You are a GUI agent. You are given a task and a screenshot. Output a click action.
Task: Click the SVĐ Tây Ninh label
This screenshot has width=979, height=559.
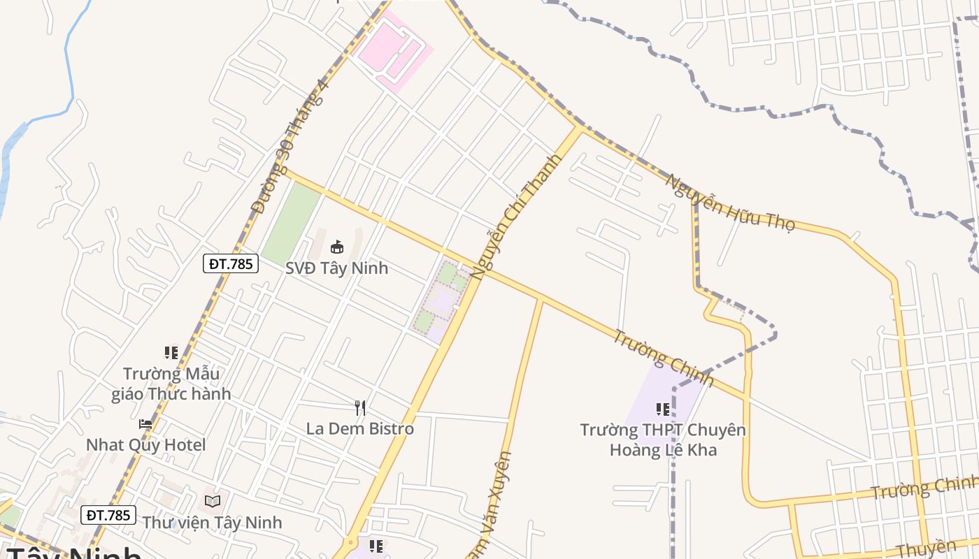point(336,268)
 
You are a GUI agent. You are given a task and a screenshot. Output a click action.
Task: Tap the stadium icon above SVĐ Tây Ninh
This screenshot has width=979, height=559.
point(337,247)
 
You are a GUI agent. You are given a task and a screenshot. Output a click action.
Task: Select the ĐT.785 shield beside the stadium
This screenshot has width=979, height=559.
point(231,263)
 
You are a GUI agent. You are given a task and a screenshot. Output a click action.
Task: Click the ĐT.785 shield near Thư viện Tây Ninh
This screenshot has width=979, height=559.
point(108,515)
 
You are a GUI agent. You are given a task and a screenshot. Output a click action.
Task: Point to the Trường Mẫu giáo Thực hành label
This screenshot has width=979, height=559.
point(171,384)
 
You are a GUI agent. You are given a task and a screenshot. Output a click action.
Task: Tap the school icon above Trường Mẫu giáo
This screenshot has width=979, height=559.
point(171,353)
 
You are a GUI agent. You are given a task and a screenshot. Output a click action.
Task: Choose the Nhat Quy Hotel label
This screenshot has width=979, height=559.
point(145,444)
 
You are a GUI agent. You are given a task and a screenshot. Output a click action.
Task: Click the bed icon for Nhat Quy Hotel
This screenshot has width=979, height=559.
point(145,423)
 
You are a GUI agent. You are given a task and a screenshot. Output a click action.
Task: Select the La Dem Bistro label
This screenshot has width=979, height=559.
point(360,428)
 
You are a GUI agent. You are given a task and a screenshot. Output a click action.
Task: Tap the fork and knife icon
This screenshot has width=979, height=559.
point(360,407)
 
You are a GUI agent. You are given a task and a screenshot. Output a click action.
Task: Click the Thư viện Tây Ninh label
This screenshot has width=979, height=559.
point(212,522)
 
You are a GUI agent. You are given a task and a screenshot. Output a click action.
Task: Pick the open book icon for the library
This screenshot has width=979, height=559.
point(212,501)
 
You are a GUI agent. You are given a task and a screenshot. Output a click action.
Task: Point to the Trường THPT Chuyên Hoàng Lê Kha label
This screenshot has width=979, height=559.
point(663,440)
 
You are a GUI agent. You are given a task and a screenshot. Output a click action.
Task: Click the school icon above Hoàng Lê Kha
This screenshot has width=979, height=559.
point(663,409)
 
